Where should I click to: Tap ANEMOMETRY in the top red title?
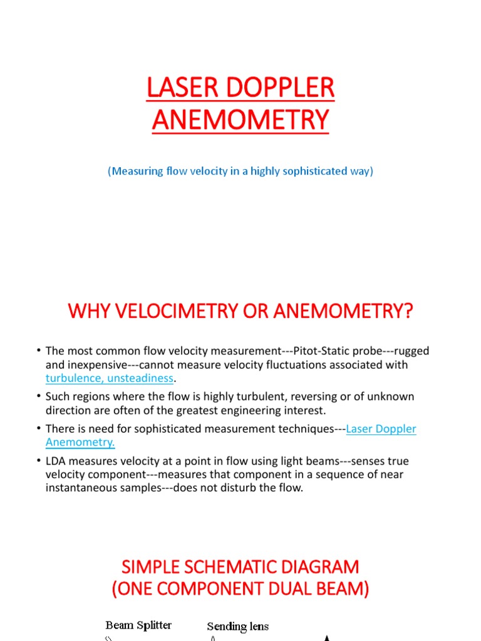click(x=240, y=120)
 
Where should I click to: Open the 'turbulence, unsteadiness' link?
click(x=110, y=377)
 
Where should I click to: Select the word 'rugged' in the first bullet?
click(x=412, y=351)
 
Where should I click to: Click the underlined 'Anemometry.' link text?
click(x=80, y=443)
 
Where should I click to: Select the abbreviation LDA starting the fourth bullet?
click(x=56, y=461)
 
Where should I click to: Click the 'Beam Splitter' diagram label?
click(x=138, y=625)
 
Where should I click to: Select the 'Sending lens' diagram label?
click(x=238, y=625)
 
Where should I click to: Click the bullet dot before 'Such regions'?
click(x=39, y=397)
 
